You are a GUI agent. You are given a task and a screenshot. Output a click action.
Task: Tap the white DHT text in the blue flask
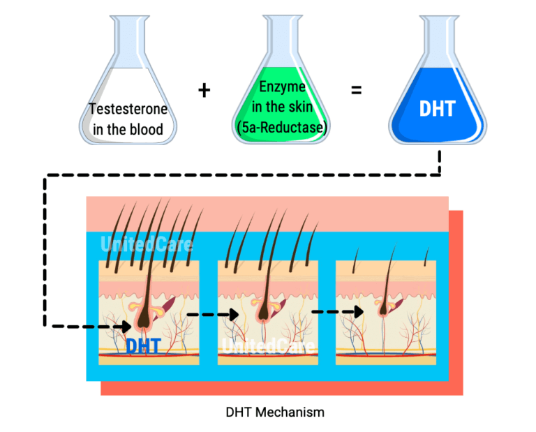pyautogui.click(x=437, y=110)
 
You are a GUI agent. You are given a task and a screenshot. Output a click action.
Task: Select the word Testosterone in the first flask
pyautogui.click(x=128, y=110)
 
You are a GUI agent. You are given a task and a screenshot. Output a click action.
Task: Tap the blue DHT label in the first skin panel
pyautogui.click(x=144, y=345)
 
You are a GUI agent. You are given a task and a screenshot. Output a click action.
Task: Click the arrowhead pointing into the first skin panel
pyautogui.click(x=126, y=325)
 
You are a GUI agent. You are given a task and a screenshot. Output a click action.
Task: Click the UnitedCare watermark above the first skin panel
pyautogui.click(x=147, y=245)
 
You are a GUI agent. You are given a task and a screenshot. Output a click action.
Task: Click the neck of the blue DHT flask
pyautogui.click(x=437, y=31)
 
